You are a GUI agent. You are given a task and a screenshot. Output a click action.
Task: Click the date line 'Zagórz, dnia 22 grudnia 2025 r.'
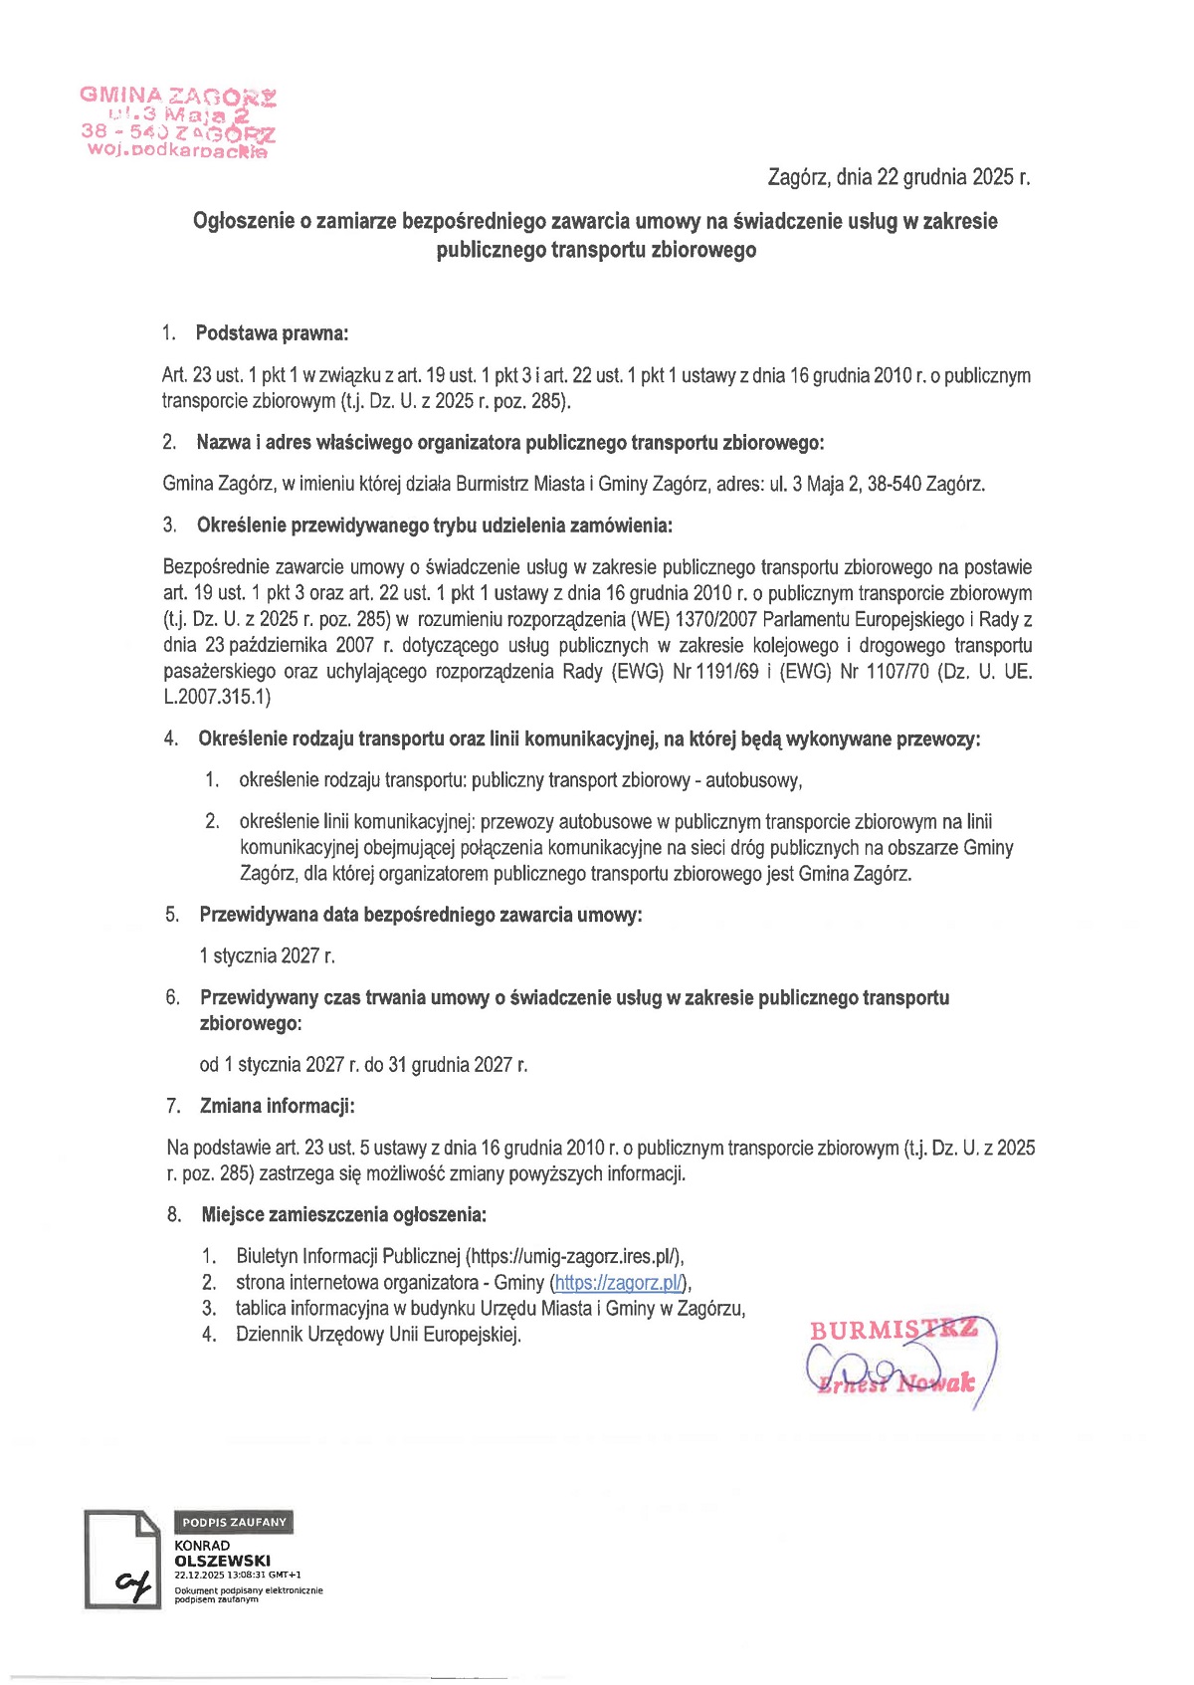coord(898,177)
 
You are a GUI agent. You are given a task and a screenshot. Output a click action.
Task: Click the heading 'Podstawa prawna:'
coord(272,333)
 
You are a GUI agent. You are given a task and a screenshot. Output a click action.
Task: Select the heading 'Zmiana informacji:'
coord(277,1106)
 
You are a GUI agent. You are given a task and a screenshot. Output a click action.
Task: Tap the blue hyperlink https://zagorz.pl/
coord(620,1283)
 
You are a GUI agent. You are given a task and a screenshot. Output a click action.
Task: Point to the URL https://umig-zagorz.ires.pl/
coord(574,1256)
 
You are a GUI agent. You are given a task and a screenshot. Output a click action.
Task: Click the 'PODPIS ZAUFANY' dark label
coord(234,1522)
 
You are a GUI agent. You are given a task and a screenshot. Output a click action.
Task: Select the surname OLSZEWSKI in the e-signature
coord(222,1561)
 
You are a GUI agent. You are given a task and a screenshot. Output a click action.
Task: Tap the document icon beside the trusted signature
coord(121,1559)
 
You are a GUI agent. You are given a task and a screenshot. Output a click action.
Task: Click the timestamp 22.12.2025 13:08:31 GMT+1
coord(237,1576)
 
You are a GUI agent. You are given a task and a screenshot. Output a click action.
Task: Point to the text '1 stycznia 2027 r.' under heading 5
coord(267,956)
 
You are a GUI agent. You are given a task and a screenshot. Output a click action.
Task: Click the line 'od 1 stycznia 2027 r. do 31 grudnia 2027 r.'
coord(363,1065)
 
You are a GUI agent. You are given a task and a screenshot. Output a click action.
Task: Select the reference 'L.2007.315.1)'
coord(217,698)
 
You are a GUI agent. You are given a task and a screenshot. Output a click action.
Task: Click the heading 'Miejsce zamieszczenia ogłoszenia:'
coord(343,1214)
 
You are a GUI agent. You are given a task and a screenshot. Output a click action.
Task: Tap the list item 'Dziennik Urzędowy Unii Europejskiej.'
coord(378,1335)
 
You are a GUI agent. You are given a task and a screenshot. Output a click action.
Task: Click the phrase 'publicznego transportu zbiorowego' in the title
coord(596,250)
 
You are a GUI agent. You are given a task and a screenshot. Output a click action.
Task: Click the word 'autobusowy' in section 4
coord(752,780)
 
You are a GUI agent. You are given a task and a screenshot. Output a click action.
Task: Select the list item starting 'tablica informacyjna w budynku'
coord(490,1309)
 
